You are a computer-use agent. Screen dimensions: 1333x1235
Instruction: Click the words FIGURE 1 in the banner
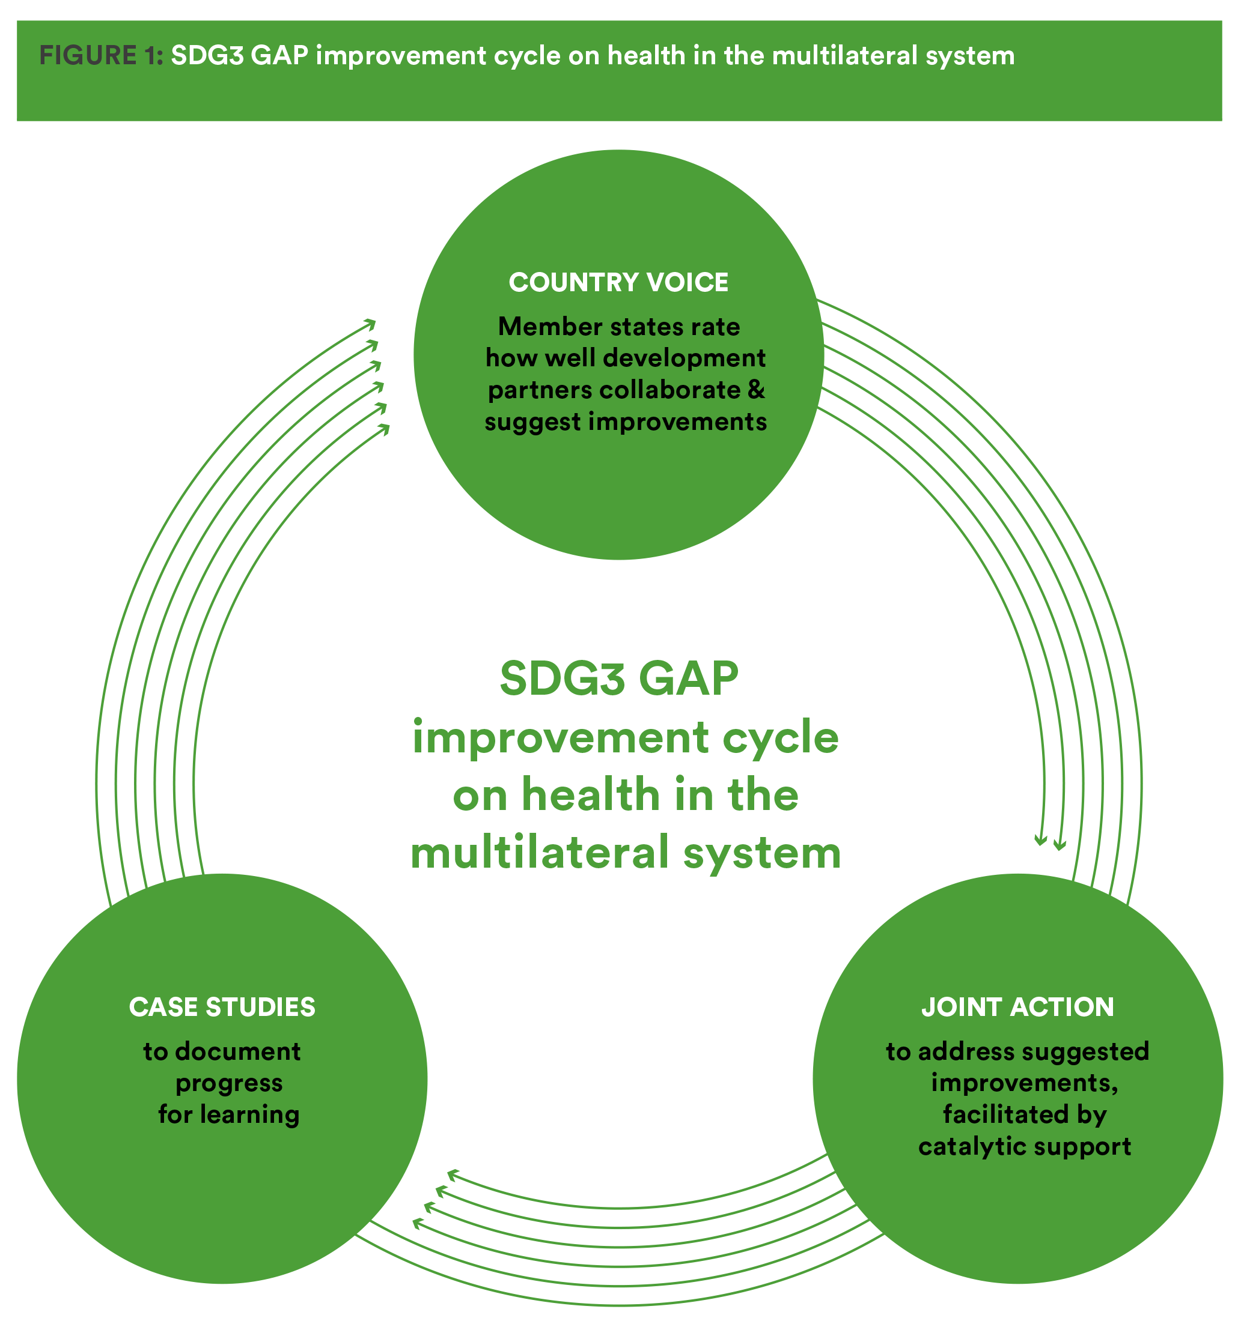(100, 55)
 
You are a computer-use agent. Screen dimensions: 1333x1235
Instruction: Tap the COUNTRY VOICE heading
(618, 282)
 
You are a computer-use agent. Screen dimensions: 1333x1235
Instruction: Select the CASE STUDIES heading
(222, 1006)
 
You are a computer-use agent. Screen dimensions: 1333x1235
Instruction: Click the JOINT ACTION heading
(1017, 1006)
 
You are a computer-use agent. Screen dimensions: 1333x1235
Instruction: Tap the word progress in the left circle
(228, 1083)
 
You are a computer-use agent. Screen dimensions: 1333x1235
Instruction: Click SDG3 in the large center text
(563, 679)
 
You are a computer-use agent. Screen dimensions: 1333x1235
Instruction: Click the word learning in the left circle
(259, 1114)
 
